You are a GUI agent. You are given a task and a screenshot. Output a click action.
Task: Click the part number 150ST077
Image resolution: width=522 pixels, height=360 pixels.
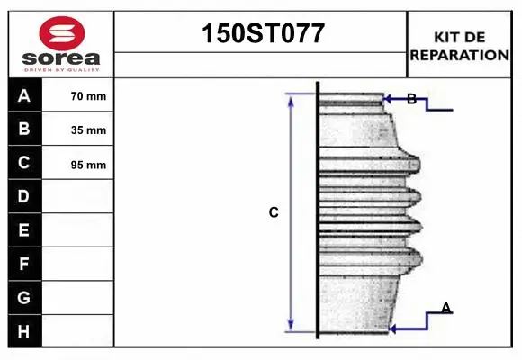tap(263, 33)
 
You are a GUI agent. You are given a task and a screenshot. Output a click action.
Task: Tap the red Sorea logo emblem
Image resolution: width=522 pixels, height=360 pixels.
tap(62, 33)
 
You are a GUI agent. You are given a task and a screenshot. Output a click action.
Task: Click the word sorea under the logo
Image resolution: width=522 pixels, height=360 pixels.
tap(61, 58)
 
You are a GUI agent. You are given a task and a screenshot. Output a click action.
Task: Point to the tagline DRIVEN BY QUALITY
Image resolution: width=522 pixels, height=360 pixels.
tap(61, 70)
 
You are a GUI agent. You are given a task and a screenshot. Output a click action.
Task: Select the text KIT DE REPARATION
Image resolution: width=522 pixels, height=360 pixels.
tap(459, 46)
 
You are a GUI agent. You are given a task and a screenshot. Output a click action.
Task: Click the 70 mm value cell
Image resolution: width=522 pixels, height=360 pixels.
tap(78, 95)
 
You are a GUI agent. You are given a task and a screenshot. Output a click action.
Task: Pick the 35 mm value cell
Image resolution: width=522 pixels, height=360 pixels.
tap(78, 130)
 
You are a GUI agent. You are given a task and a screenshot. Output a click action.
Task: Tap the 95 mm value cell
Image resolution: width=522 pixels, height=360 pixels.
tap(78, 163)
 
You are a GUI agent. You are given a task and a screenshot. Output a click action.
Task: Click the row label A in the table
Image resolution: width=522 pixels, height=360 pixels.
tap(24, 96)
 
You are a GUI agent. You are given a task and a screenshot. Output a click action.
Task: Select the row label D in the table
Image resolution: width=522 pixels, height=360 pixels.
tap(24, 196)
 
